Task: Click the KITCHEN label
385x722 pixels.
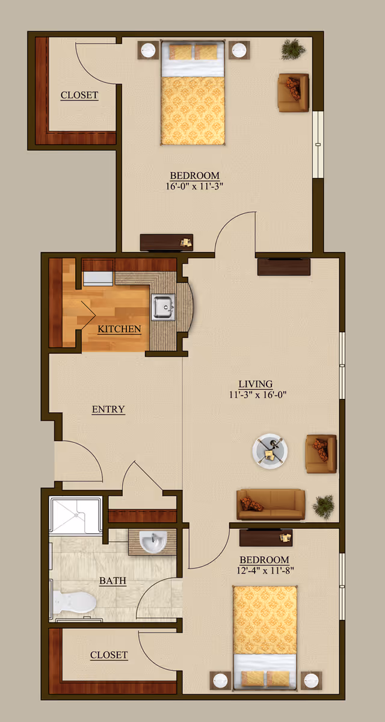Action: tap(120, 329)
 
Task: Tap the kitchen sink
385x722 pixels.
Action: tap(162, 306)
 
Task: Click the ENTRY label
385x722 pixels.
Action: tap(108, 410)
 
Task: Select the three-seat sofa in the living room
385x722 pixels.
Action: tap(271, 504)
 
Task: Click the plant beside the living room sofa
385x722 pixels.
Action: tap(324, 507)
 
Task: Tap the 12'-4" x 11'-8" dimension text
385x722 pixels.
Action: tap(263, 569)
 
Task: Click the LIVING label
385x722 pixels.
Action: tap(256, 384)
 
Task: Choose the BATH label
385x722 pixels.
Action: tap(112, 581)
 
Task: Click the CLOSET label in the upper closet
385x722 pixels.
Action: tap(79, 95)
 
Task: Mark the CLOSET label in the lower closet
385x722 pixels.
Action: tap(109, 655)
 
